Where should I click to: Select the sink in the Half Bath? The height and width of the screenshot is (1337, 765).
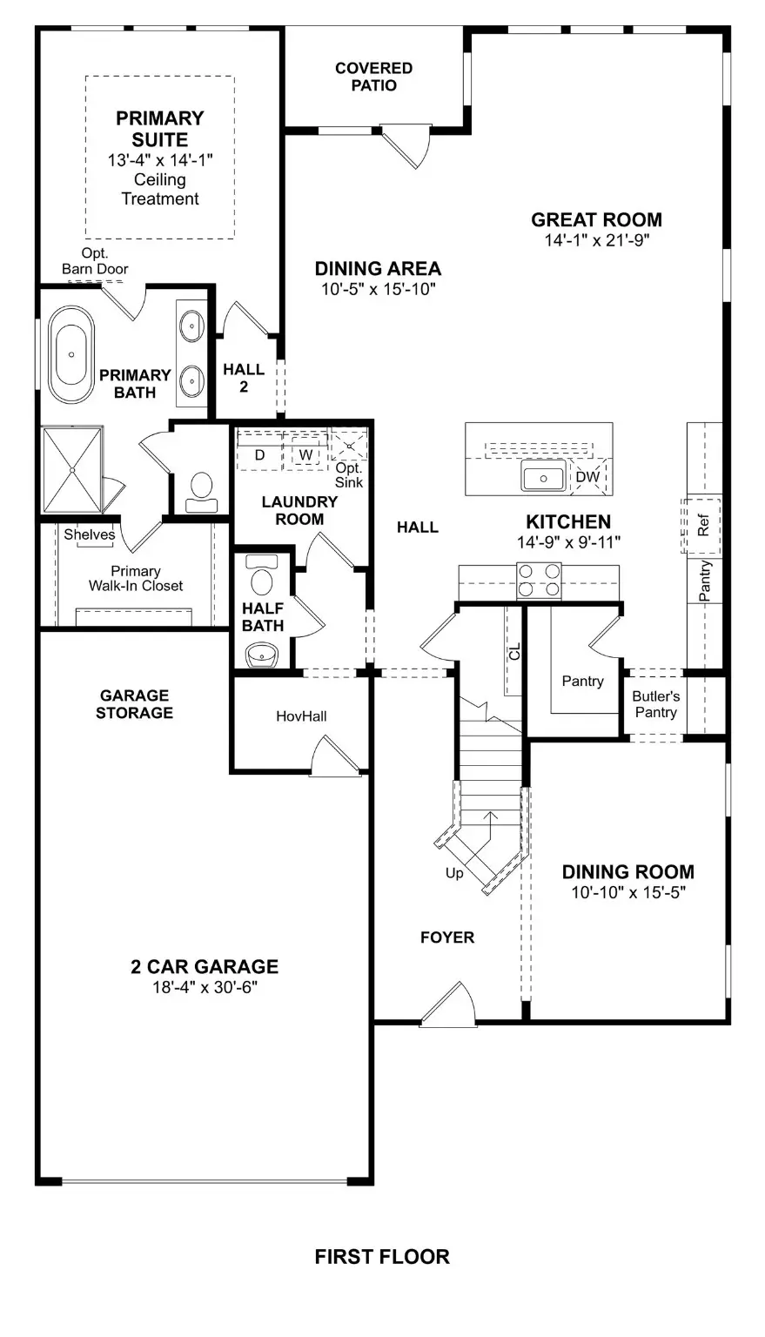coord(261,654)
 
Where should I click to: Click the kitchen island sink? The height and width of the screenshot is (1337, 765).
coord(544,476)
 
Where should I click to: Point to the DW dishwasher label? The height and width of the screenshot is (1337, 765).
coord(587,477)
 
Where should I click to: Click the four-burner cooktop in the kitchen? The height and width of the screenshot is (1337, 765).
coord(539,581)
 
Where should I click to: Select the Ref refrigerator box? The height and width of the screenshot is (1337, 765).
coord(703,526)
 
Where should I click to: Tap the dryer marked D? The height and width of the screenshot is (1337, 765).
coord(259,454)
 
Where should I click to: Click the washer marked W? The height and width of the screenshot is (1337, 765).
coord(305,454)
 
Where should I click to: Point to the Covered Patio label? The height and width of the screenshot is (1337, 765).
coord(373,77)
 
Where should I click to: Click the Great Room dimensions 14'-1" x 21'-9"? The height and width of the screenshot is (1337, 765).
coord(597,241)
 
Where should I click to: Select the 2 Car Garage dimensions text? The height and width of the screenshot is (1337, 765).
coord(205,987)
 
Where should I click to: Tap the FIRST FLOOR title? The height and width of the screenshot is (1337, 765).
coord(382,1256)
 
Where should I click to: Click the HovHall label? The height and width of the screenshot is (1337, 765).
coord(301,716)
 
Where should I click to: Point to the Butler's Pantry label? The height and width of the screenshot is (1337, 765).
coord(655,704)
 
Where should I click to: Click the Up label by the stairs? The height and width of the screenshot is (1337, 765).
coord(454,873)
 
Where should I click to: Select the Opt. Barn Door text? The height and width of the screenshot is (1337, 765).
coord(95,260)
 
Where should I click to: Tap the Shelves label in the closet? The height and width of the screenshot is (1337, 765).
coord(89,534)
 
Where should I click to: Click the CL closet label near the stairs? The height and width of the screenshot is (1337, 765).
coord(514,650)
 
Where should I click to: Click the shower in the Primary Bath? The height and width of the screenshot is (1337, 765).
coord(72,469)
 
